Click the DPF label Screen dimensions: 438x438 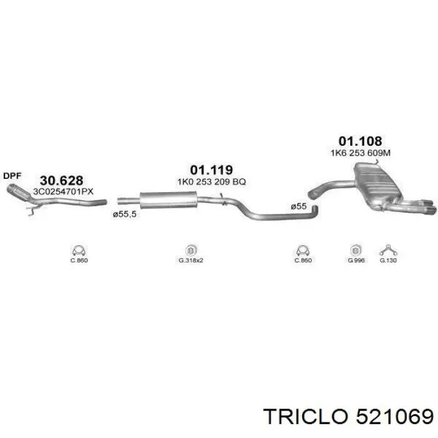point(13,176)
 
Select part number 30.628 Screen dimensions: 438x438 point(61,180)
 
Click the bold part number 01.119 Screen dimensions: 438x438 point(211,170)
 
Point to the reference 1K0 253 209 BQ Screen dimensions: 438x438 point(211,182)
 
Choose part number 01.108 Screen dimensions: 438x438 point(360,141)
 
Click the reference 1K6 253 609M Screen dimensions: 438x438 point(360,153)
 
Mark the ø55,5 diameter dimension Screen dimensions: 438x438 point(125,214)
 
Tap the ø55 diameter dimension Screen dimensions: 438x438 point(298,206)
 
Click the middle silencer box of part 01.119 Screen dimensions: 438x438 point(168,200)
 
